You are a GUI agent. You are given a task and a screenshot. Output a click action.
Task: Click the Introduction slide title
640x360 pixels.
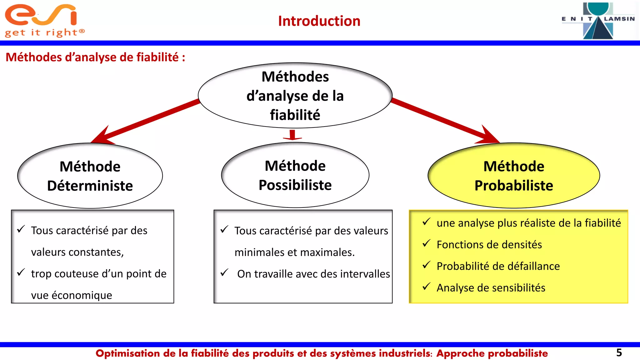(x=319, y=21)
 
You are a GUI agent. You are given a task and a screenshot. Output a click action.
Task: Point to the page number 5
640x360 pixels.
(x=619, y=353)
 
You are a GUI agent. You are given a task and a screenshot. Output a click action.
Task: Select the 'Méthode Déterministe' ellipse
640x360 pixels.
(x=90, y=176)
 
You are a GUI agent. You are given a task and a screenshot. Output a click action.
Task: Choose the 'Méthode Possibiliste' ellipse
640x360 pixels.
(x=295, y=175)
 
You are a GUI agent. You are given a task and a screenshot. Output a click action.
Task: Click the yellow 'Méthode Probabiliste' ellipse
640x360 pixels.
(x=513, y=176)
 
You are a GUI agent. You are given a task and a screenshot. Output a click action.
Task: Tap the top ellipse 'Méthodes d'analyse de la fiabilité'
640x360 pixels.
(x=295, y=96)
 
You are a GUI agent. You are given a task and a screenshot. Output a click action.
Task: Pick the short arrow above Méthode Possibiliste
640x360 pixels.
(x=292, y=135)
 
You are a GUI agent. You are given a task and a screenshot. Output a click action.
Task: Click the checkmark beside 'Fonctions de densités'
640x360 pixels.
(x=426, y=243)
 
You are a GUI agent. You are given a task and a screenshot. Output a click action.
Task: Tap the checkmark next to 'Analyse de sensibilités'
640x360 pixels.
(x=426, y=287)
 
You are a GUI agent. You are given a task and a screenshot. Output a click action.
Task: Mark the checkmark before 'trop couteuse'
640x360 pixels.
(x=21, y=272)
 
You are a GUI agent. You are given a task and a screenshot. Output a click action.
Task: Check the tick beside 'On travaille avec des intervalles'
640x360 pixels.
(x=224, y=273)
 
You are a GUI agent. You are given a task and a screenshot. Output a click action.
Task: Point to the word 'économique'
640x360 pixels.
(x=82, y=295)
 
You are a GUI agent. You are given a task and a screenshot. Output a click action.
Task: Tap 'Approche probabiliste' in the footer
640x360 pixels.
(x=492, y=353)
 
